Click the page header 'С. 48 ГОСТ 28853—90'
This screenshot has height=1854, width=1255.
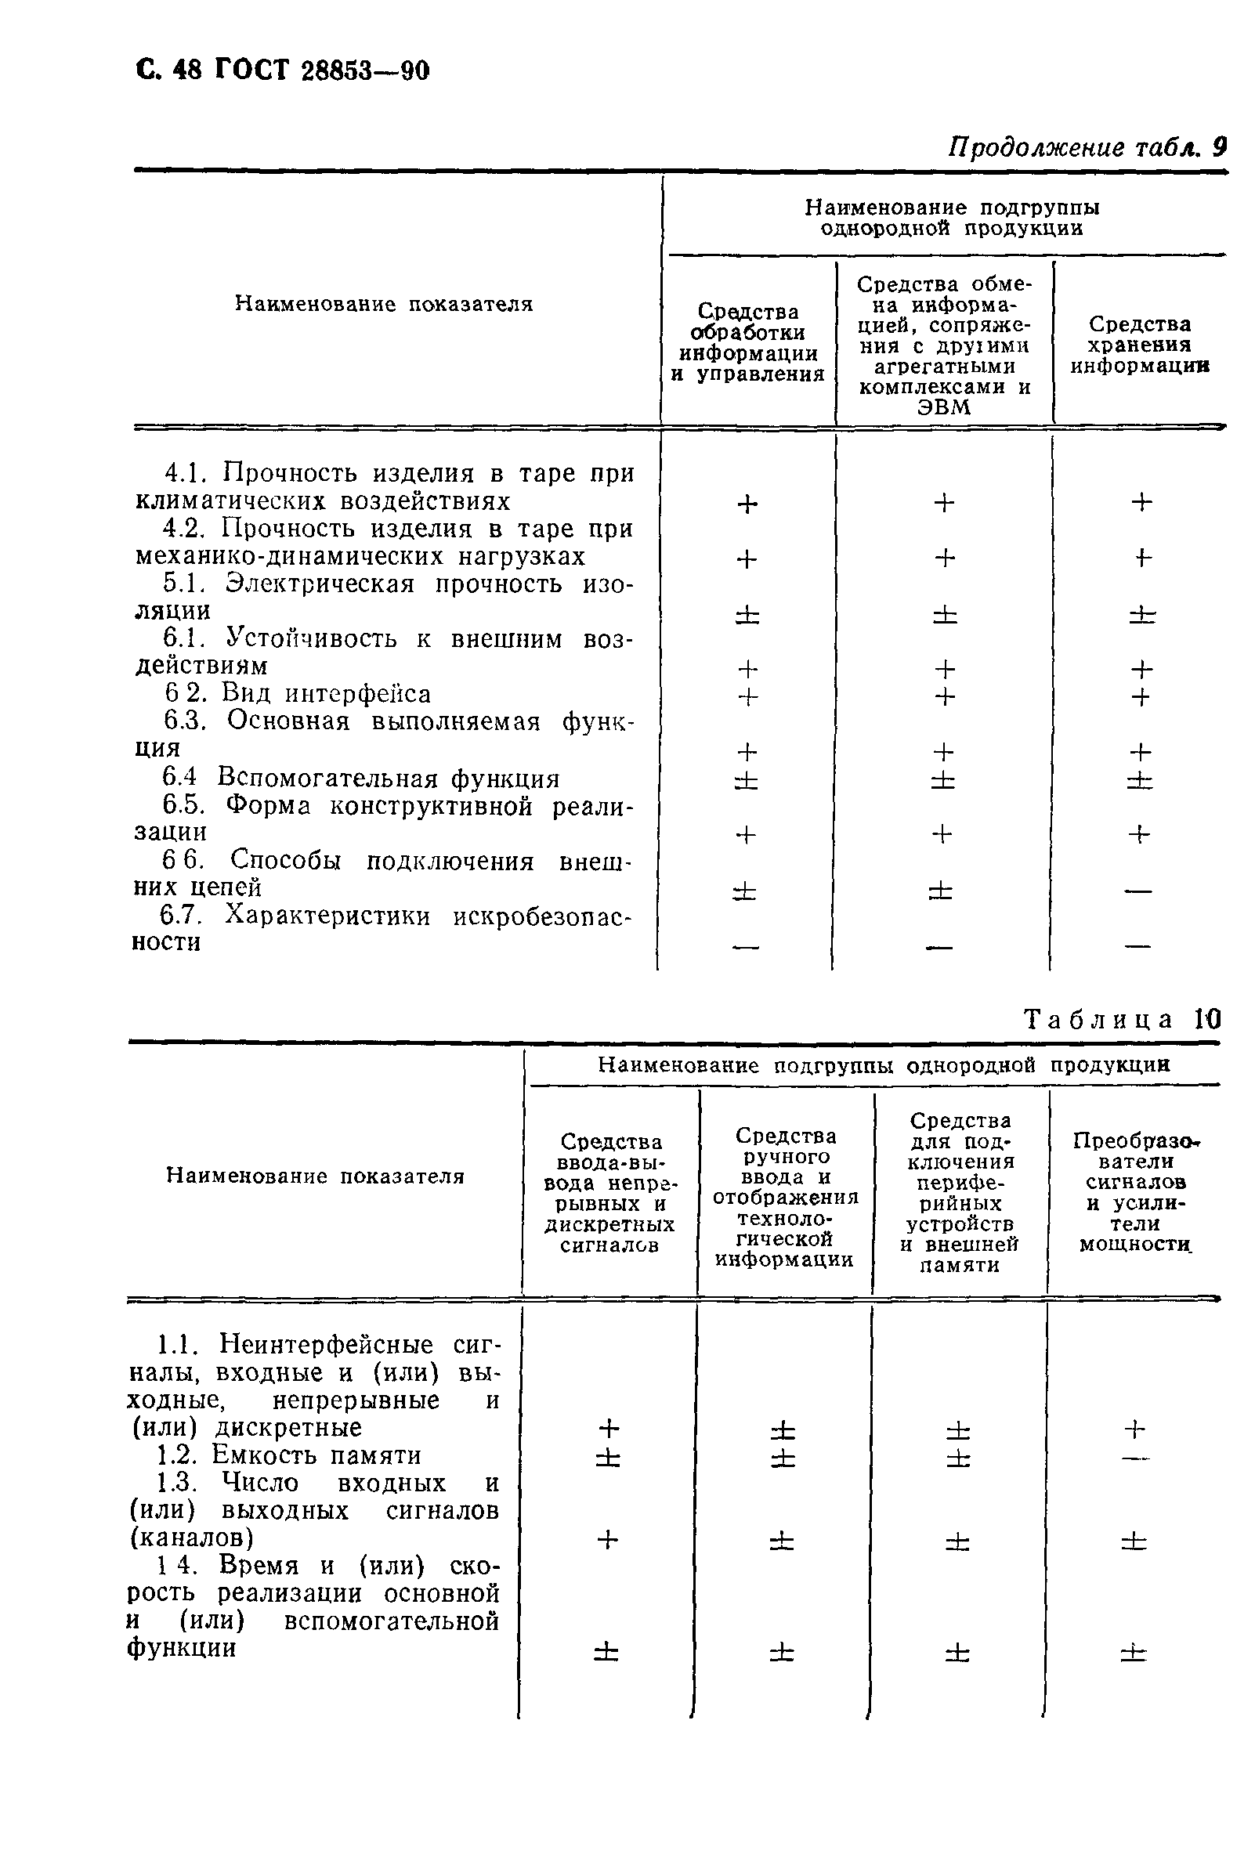[284, 71]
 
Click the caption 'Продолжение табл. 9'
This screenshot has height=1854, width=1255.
[1086, 146]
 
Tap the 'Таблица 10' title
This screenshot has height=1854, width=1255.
[1120, 1020]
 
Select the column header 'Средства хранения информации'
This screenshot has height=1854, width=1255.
[1139, 345]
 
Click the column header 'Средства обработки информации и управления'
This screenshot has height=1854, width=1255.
[747, 342]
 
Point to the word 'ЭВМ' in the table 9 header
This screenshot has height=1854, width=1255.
[944, 407]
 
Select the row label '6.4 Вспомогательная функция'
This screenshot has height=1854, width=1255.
[360, 778]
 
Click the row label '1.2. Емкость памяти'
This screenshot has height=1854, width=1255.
[289, 1455]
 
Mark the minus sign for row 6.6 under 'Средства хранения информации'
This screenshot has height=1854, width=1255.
[1137, 891]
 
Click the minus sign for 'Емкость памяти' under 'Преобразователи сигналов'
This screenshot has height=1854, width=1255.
[1134, 1458]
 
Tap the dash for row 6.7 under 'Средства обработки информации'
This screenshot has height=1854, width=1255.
[746, 947]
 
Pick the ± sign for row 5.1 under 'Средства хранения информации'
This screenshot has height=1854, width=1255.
[1141, 614]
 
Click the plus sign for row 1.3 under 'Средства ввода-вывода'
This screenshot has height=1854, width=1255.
[608, 1539]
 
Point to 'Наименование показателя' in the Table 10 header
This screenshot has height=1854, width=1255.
[315, 1176]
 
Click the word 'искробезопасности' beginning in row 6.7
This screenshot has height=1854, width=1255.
[542, 916]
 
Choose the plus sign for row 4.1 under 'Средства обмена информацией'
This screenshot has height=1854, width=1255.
[944, 503]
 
